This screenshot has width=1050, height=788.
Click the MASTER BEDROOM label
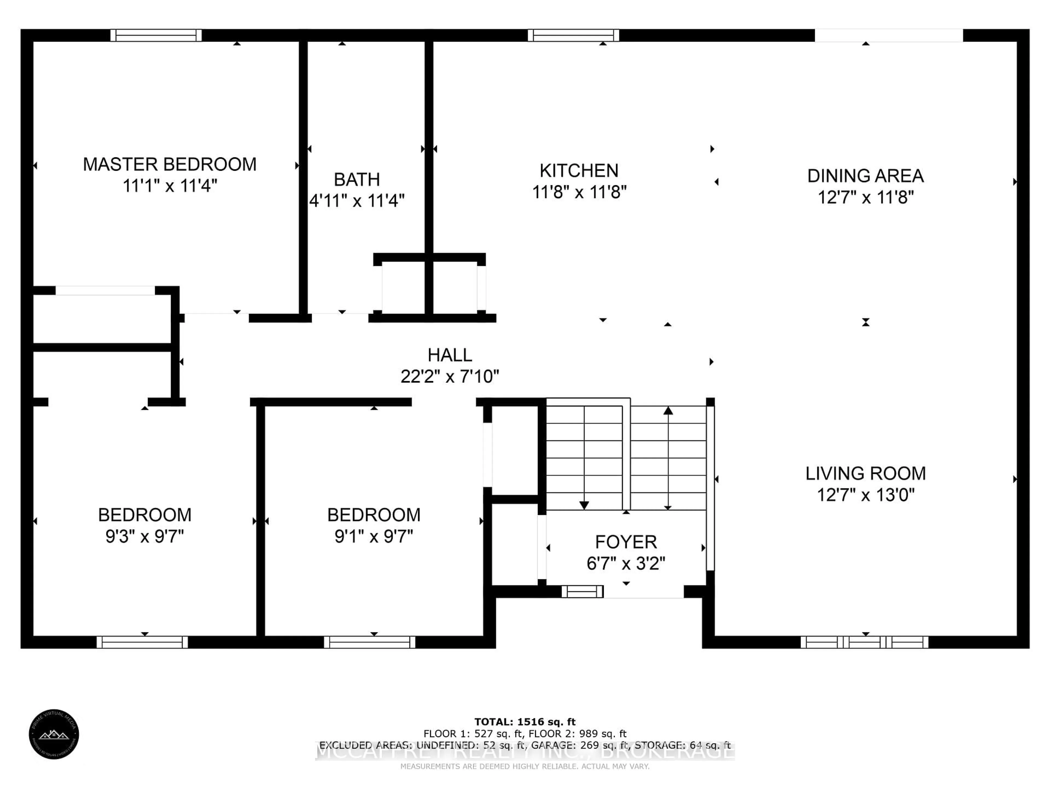coord(170,164)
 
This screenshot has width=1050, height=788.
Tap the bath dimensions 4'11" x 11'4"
coord(357,201)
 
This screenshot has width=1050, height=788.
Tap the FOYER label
coord(626,542)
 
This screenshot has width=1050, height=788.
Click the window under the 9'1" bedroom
coord(369,642)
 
